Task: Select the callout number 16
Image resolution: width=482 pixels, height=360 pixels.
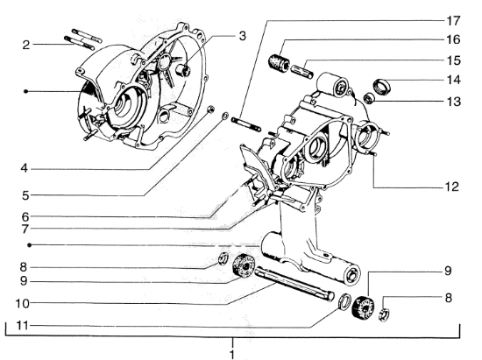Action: point(450,39)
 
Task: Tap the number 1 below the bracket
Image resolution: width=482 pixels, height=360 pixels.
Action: point(233,354)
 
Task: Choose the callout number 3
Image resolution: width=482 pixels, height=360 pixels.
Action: point(242,36)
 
